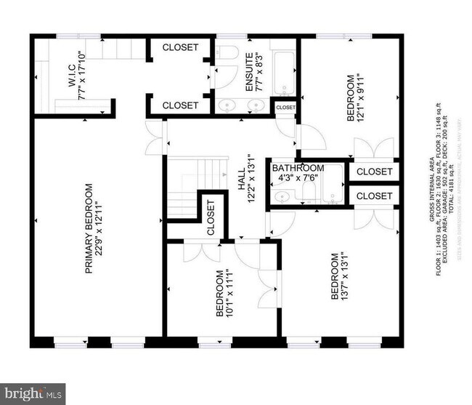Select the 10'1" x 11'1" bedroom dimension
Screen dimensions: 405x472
pyautogui.click(x=230, y=295)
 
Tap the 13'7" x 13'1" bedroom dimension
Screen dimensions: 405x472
pyautogui.click(x=346, y=276)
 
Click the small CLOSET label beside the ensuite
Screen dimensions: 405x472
pyautogui.click(x=285, y=108)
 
